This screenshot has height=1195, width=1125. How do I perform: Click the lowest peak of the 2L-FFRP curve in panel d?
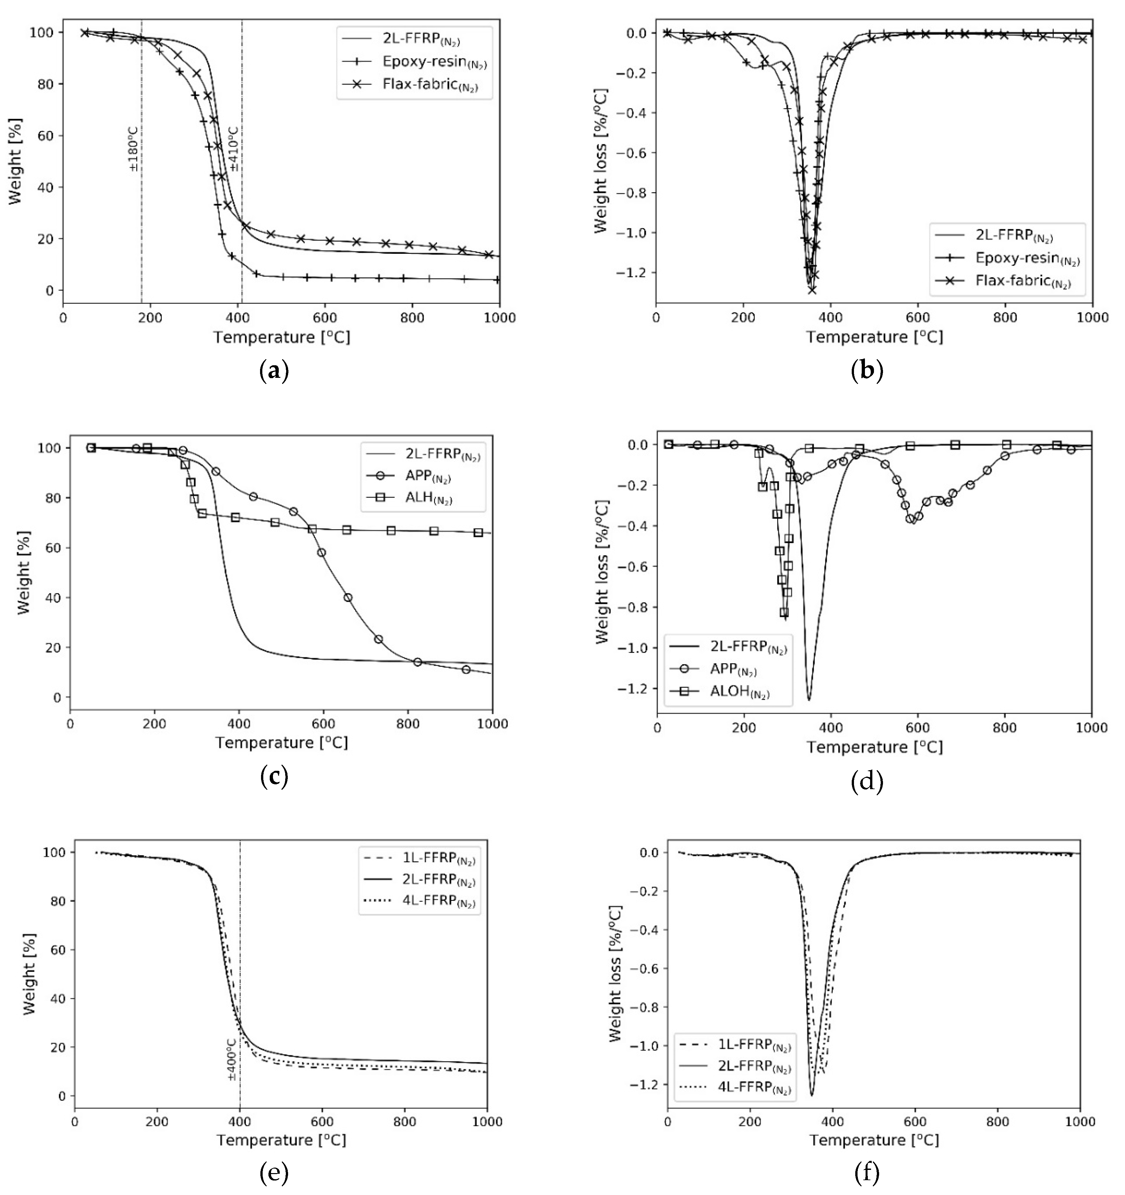pos(809,699)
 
